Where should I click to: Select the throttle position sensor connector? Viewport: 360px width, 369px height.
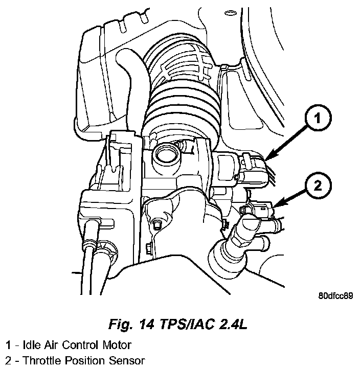click(x=261, y=210)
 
